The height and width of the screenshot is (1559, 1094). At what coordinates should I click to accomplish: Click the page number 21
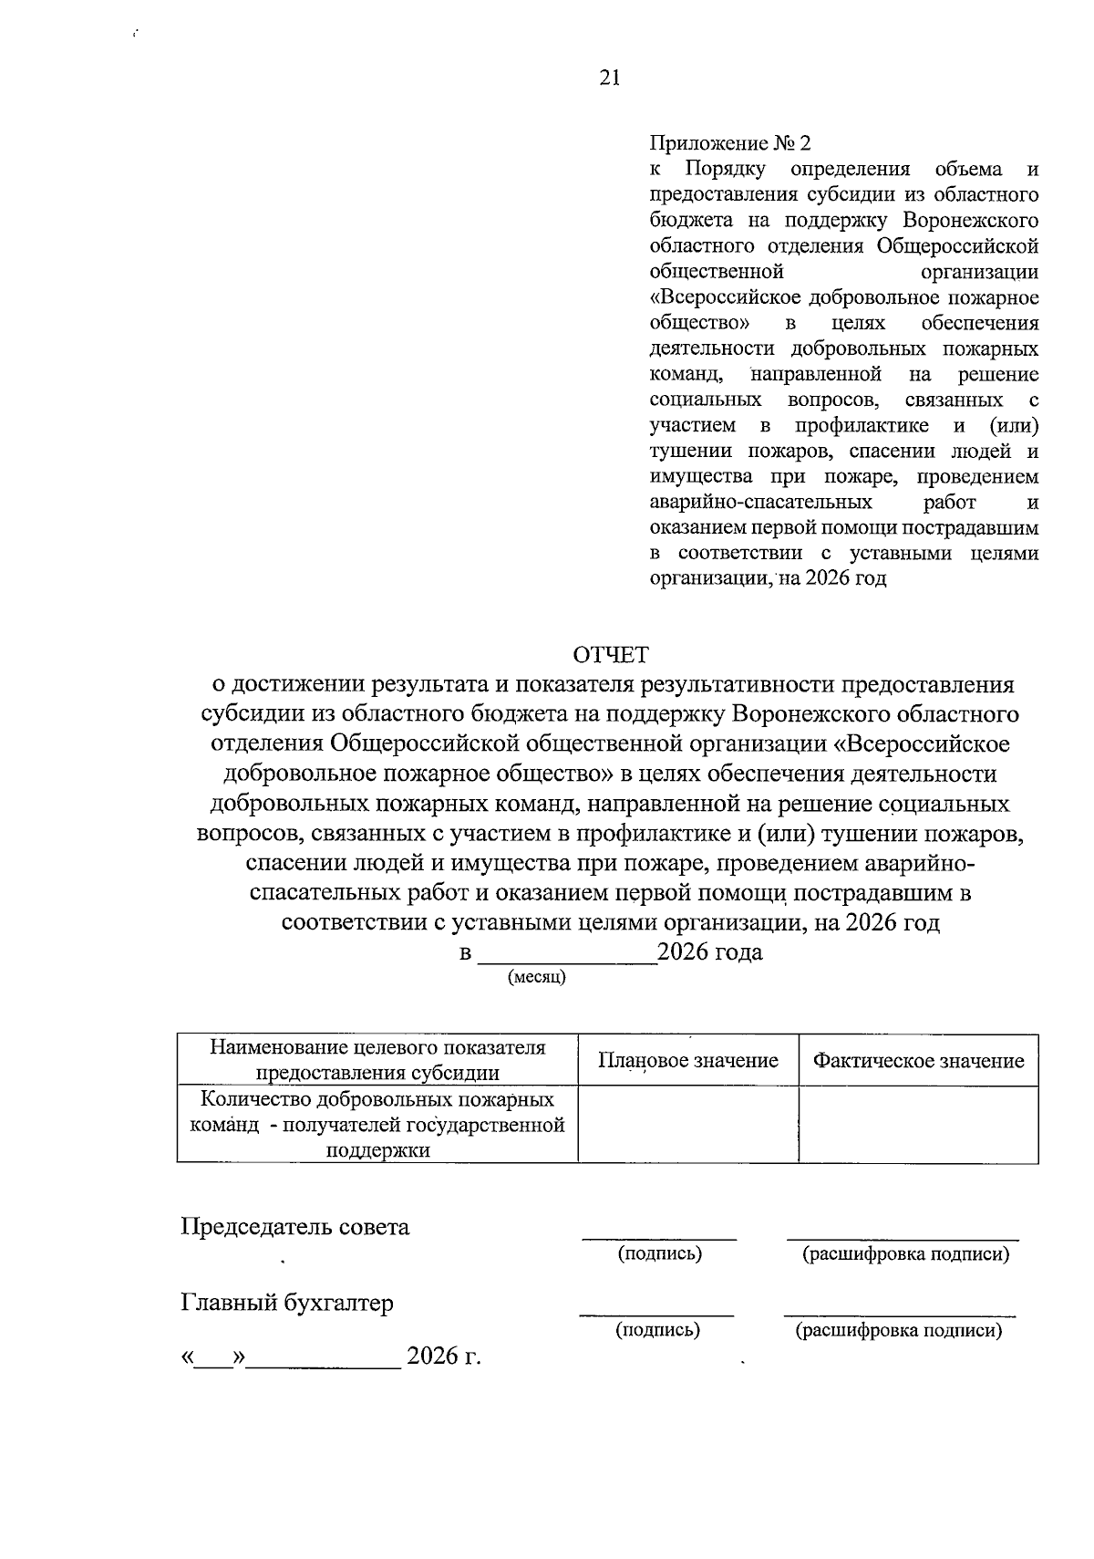coord(610,78)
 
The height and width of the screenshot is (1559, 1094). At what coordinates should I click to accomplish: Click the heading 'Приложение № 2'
coord(729,143)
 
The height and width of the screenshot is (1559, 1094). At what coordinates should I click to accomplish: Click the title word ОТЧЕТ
coord(610,655)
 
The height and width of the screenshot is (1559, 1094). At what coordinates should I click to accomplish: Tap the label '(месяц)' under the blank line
coord(537,978)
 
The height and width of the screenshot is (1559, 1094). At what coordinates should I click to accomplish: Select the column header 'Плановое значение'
coord(688,1060)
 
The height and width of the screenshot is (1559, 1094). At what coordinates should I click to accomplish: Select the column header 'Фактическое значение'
coord(918,1060)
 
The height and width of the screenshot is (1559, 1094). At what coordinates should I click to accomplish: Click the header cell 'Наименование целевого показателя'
coord(377,1048)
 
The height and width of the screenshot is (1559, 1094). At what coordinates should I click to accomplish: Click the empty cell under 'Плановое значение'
coord(688,1124)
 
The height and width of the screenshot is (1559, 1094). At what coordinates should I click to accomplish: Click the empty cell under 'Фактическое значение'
coord(918,1124)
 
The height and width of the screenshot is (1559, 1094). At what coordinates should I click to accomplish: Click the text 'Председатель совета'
coord(295,1227)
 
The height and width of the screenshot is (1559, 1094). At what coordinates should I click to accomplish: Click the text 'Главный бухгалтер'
coord(287,1304)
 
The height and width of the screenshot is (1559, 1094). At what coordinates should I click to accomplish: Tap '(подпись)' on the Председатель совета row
coord(660,1254)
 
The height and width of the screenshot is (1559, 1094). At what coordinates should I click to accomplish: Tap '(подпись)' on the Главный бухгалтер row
coord(658,1331)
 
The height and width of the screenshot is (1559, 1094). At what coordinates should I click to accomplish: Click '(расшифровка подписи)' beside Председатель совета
coord(905,1254)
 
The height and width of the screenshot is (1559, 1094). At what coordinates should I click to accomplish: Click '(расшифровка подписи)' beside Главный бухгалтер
coord(899,1331)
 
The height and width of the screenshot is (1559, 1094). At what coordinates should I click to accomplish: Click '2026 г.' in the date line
coord(443,1356)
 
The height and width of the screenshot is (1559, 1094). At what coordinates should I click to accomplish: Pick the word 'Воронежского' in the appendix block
coord(970,220)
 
